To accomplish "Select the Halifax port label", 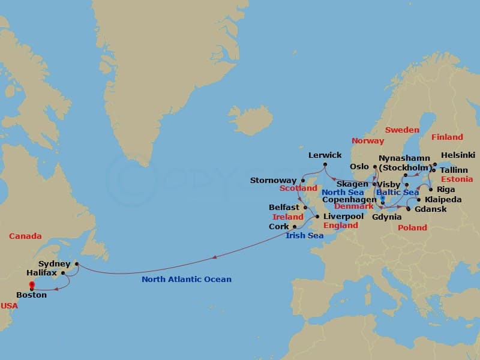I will click(42, 272).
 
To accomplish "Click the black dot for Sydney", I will click(77, 264).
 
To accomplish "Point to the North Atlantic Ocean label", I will click(186, 279).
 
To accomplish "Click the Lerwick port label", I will click(325, 155).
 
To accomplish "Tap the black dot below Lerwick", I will click(325, 164).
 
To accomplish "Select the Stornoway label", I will click(273, 180).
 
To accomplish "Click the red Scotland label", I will click(298, 188).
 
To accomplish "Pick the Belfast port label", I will click(284, 207).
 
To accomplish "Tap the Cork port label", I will click(279, 227).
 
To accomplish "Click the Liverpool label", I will click(343, 216).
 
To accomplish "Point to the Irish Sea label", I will click(304, 236).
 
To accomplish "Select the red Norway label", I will click(368, 140).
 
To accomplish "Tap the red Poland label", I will click(412, 227).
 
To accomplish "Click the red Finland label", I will click(447, 137).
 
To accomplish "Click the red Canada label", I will click(25, 236).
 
